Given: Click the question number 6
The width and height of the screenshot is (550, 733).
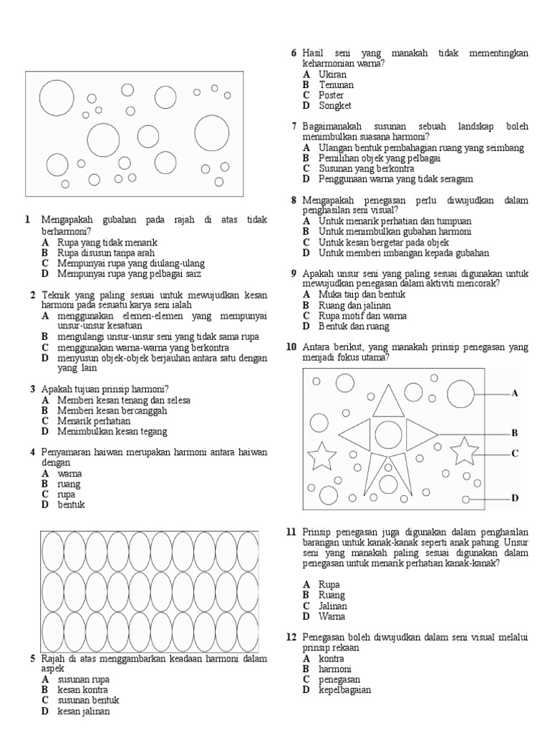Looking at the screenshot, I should (294, 54).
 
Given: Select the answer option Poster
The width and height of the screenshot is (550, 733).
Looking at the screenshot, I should (331, 95).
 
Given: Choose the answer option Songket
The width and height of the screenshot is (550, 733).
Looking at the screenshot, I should (334, 106).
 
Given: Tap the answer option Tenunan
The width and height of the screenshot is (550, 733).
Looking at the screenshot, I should (336, 84).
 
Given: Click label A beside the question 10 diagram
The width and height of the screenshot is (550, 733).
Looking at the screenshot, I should (513, 393).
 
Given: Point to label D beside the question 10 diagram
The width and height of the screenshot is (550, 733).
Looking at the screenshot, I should (513, 498).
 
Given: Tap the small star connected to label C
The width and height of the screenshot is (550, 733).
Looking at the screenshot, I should (465, 452).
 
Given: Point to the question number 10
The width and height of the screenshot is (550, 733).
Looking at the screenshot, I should (291, 347).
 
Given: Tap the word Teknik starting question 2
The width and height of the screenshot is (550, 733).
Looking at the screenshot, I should (54, 295).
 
